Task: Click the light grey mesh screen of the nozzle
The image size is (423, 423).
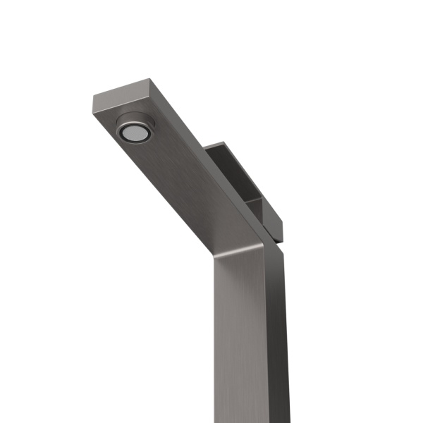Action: (130, 132)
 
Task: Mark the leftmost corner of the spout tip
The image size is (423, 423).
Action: (92, 98)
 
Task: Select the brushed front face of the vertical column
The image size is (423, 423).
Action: (240, 338)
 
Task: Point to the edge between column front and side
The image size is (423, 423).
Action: (267, 338)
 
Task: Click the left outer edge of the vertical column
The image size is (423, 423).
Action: (214, 338)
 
